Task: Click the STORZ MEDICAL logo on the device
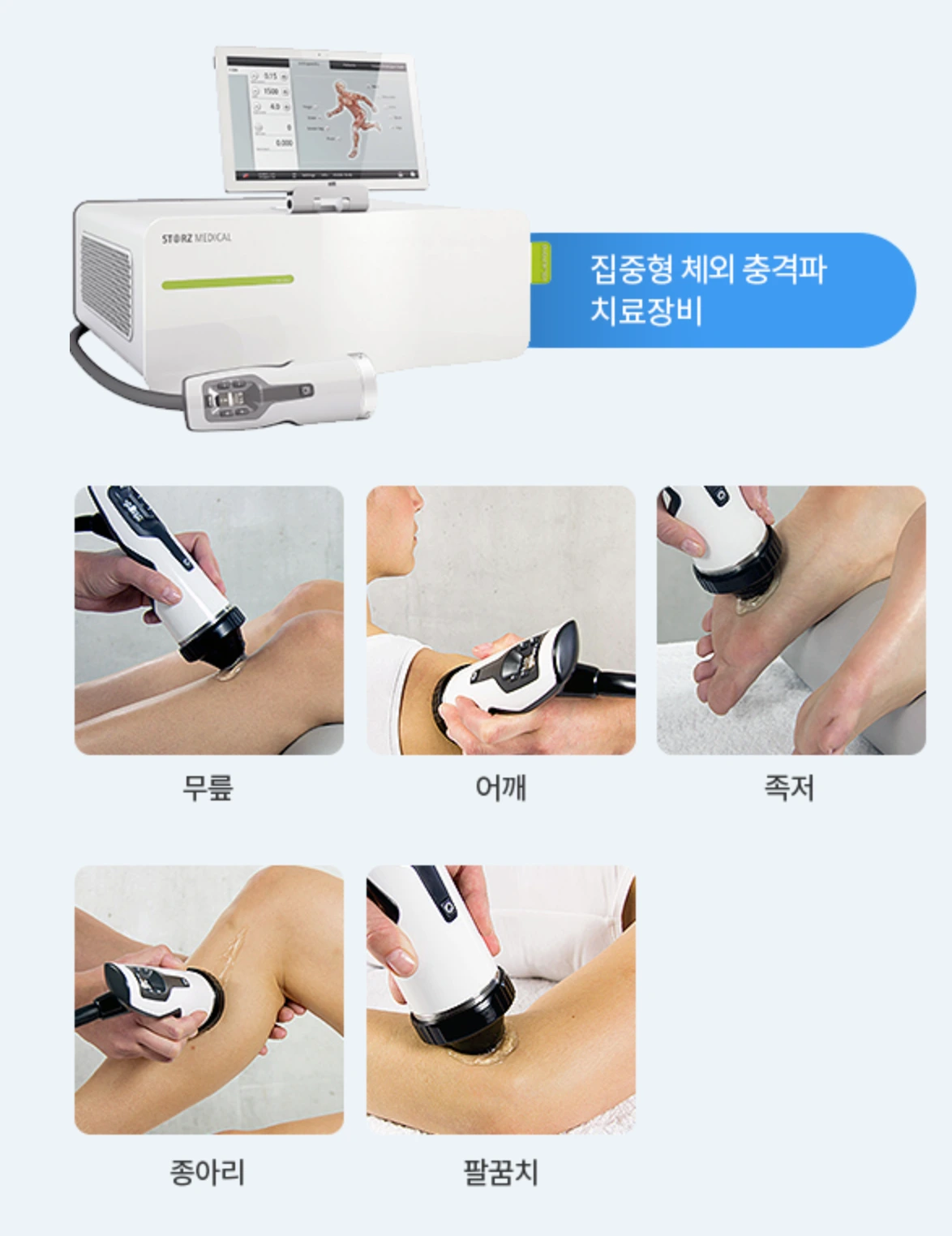(196, 238)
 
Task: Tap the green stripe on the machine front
(227, 281)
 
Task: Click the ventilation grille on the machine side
(105, 283)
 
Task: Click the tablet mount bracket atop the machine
(329, 199)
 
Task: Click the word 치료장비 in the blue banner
(645, 311)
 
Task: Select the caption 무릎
(208, 788)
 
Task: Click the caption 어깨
(500, 788)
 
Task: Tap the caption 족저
(789, 788)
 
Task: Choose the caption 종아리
(208, 1172)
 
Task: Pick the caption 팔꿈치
(500, 1172)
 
